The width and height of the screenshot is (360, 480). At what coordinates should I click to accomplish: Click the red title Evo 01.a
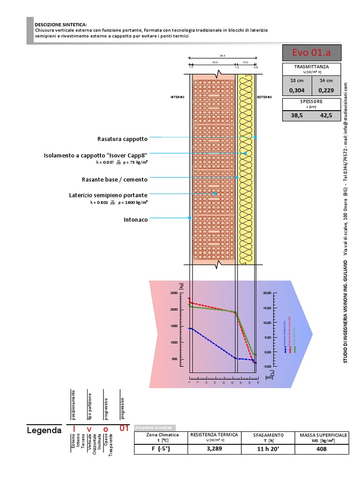(x=312, y=52)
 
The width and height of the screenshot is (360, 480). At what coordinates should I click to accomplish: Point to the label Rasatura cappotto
(x=122, y=139)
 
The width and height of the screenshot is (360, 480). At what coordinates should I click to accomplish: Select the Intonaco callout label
(x=135, y=219)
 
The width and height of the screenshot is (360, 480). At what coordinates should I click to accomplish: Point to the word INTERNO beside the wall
(x=177, y=97)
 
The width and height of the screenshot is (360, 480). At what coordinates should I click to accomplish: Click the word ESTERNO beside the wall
(x=264, y=97)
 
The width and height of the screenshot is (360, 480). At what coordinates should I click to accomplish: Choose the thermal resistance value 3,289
(x=214, y=449)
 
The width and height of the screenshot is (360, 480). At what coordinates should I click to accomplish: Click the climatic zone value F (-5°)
(x=161, y=449)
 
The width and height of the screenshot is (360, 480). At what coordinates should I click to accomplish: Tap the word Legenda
(x=44, y=430)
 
